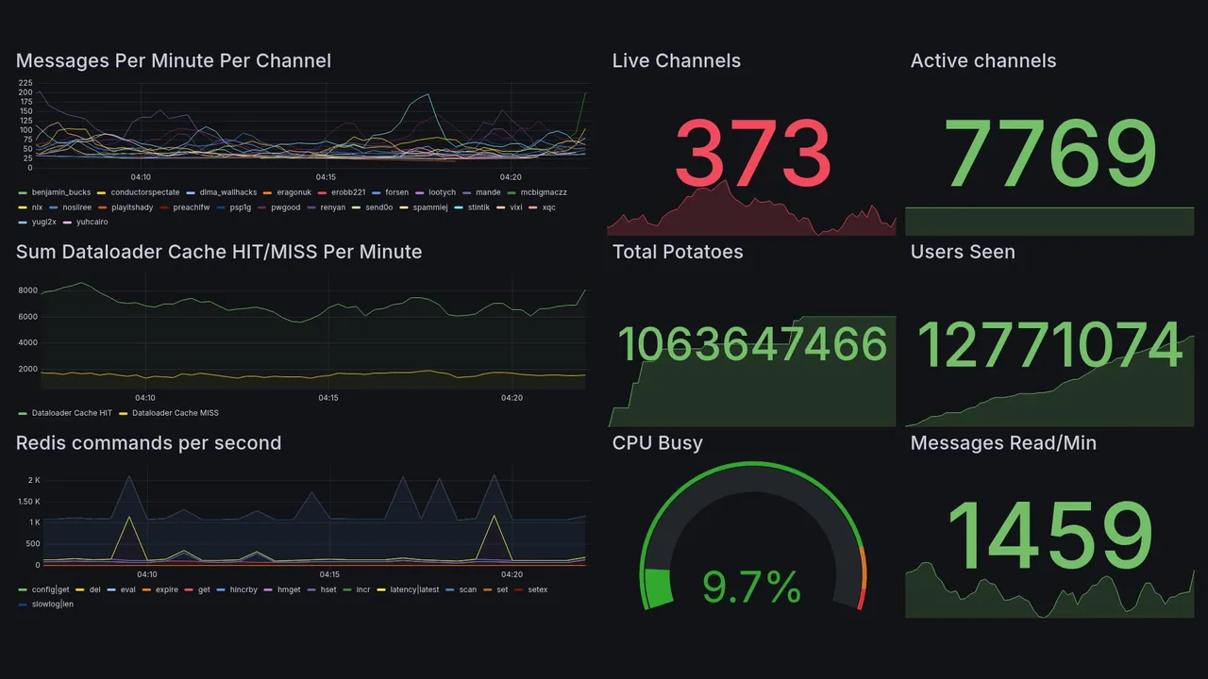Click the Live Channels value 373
point(752,154)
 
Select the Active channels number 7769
point(1050,154)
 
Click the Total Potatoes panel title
point(677,252)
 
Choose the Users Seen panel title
point(963,252)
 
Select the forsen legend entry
point(396,192)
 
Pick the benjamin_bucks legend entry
point(60,192)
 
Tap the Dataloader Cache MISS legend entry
point(175,413)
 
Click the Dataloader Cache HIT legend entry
point(71,413)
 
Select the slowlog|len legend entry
point(52,604)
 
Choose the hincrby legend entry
point(243,589)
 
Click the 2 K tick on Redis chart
point(32,480)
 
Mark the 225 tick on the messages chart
point(25,83)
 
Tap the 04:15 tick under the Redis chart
point(329,574)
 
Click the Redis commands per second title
point(148,443)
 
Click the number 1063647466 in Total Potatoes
point(752,344)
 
